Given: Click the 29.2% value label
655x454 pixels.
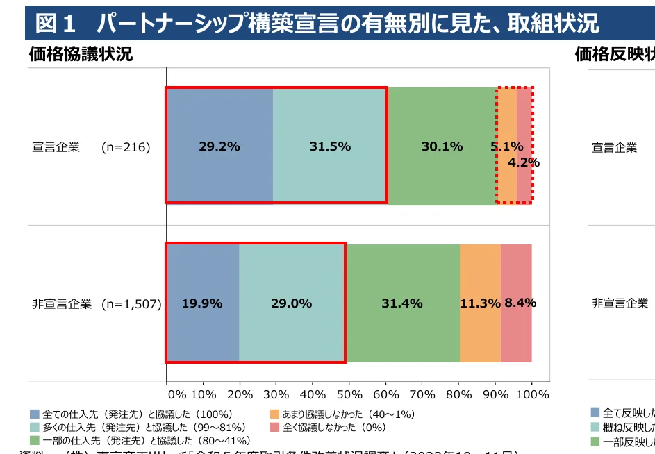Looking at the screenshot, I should pyautogui.click(x=219, y=146).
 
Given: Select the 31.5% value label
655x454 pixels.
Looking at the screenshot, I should pyautogui.click(x=330, y=146).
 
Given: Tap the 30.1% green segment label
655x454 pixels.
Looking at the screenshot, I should pyautogui.click(x=442, y=146).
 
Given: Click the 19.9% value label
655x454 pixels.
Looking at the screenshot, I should pyautogui.click(x=202, y=303).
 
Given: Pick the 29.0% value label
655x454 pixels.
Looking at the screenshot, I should pyautogui.click(x=292, y=303).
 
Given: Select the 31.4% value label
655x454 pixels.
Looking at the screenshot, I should pyautogui.click(x=402, y=303).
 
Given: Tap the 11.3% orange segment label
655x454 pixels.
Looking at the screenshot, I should pyautogui.click(x=480, y=303).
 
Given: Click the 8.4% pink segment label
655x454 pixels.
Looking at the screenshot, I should pyautogui.click(x=520, y=303).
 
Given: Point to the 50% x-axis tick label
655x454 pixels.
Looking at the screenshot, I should pyautogui.click(x=349, y=394).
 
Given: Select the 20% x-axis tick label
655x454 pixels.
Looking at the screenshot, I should pyautogui.click(x=240, y=394).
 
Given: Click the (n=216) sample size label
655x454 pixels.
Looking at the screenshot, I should pyautogui.click(x=126, y=147).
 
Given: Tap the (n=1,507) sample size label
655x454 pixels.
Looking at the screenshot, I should pyautogui.click(x=131, y=304).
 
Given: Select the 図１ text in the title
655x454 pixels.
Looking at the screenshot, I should pyautogui.click(x=56, y=24).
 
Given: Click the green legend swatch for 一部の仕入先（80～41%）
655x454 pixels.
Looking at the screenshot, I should pyautogui.click(x=34, y=441).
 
